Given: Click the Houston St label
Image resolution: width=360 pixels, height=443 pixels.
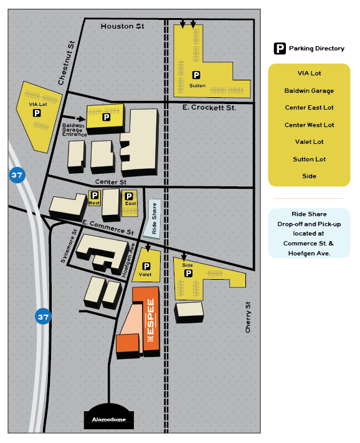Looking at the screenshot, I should click(x=122, y=26).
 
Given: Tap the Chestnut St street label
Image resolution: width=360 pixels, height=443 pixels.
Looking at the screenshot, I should click(x=66, y=63).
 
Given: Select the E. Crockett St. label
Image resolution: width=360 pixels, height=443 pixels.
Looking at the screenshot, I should click(x=209, y=108).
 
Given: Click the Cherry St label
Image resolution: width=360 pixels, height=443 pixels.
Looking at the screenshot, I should click(x=248, y=317).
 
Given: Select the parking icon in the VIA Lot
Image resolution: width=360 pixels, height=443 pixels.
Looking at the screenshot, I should click(x=37, y=113).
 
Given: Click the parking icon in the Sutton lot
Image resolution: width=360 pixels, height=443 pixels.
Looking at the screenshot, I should click(x=196, y=75).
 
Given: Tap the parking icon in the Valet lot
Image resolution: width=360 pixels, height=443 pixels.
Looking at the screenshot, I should click(x=146, y=266).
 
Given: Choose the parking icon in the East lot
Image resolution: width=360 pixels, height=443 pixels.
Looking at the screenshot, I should click(x=130, y=195).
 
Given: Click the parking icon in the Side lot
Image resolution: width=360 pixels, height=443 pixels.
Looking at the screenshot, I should click(x=188, y=273).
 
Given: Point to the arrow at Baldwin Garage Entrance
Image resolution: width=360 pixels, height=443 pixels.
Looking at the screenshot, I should click(x=79, y=117).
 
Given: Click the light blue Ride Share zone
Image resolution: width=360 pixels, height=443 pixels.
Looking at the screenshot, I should click(x=152, y=218).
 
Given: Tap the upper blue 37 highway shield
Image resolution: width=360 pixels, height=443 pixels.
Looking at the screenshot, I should click(x=17, y=175).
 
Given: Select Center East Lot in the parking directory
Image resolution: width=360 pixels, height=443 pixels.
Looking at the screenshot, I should click(x=309, y=108).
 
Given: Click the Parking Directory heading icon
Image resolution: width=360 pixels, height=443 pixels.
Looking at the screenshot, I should click(x=280, y=49).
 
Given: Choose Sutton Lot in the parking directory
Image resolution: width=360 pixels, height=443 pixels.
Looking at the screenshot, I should click(x=309, y=160).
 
